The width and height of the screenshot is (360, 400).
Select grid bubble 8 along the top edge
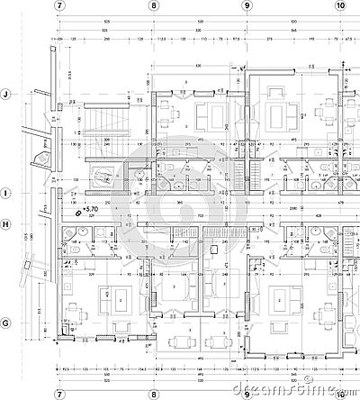154,5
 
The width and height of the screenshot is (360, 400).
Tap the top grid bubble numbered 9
247,5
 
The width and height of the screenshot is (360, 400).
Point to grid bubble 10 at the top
339,5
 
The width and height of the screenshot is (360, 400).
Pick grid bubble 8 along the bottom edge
154,394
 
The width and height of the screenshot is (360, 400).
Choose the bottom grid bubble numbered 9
247,394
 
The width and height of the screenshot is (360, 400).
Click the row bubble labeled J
6,94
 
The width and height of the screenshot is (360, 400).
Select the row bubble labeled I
6,193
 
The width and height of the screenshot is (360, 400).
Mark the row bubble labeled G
6,323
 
